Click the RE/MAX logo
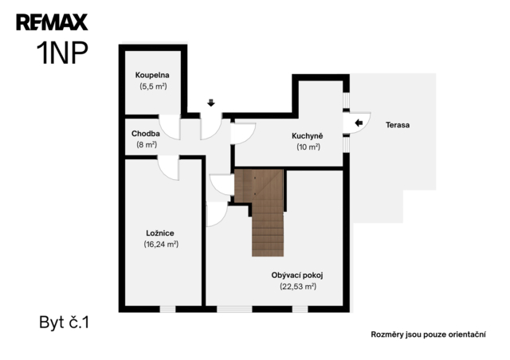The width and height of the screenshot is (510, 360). [x=52, y=22]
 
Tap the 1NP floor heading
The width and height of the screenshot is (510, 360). [x=62, y=53]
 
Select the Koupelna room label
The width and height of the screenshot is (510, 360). [x=152, y=75]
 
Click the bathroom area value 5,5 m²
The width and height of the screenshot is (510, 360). [x=153, y=86]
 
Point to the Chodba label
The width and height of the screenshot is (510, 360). [x=145, y=133]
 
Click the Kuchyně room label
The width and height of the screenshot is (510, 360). [x=308, y=135]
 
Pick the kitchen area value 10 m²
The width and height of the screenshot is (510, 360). [x=308, y=147]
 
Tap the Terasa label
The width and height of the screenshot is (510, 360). [x=398, y=125]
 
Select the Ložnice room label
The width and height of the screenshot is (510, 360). [x=160, y=233]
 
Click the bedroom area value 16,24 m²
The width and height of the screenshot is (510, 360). [x=161, y=244]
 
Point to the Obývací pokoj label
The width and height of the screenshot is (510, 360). [x=297, y=276]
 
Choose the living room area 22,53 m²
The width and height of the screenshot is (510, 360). [x=298, y=287]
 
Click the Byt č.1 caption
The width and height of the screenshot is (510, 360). [x=64, y=323]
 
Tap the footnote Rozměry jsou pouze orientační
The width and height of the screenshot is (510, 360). [x=429, y=335]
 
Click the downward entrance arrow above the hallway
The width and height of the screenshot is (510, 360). [x=211, y=103]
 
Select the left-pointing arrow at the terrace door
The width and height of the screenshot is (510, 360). [x=359, y=123]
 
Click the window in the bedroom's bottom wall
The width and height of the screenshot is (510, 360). [x=168, y=309]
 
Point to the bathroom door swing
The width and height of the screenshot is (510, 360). [x=170, y=127]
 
